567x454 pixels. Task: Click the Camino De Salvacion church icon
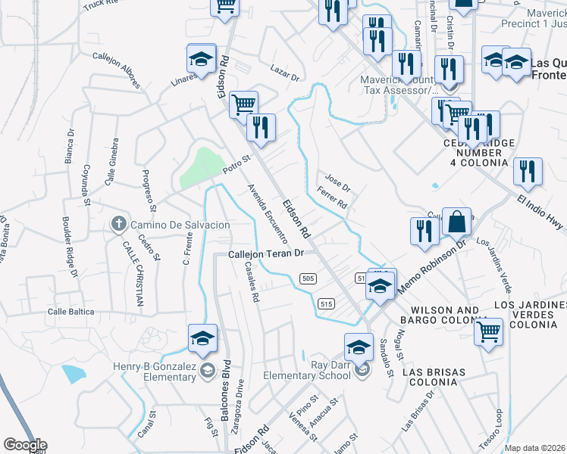point(117,225)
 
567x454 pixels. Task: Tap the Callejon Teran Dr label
point(266,254)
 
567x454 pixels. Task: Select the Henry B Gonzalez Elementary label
point(154,372)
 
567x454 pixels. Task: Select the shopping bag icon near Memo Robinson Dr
point(456,223)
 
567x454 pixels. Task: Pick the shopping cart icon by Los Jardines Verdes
point(489,331)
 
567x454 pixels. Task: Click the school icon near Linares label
point(202,59)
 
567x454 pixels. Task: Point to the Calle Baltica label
point(70,311)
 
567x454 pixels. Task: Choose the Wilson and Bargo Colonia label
point(445,316)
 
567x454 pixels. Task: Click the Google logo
point(24,444)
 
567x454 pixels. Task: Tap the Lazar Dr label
point(285,73)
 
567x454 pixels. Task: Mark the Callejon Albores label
point(117,69)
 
